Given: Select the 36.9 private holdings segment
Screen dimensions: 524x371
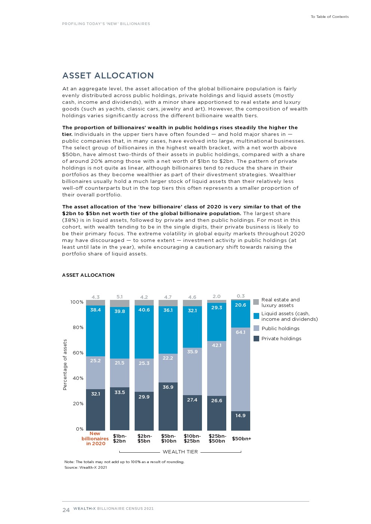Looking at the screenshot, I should (x=168, y=406).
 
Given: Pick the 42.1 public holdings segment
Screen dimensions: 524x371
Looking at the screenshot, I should (x=217, y=368).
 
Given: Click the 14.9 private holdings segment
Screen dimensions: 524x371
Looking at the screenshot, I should (x=240, y=421).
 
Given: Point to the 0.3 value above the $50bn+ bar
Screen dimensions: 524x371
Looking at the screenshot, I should (x=240, y=296).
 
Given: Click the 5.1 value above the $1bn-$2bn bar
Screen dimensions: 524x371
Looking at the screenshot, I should (x=120, y=297).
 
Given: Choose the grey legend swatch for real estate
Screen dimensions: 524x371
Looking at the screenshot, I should (x=256, y=302).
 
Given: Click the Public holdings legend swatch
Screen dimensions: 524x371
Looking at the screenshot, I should (x=256, y=328).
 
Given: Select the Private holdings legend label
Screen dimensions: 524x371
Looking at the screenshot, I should (x=281, y=339).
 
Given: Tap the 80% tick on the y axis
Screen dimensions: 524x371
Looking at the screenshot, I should (x=78, y=328).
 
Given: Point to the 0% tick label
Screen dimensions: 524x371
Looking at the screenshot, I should (x=80, y=429).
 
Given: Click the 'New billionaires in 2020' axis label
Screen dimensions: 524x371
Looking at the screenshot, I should (x=95, y=438).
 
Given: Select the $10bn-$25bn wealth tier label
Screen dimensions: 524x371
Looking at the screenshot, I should (x=192, y=438).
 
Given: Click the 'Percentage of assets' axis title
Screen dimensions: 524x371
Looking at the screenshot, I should (x=65, y=365).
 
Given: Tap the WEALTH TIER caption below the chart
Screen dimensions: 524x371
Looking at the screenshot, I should (x=180, y=452).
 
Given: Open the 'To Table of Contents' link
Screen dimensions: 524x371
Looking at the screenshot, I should (x=329, y=17).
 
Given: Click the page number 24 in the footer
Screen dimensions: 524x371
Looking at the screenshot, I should (x=66, y=510).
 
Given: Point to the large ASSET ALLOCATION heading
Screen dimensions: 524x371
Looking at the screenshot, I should (x=108, y=76).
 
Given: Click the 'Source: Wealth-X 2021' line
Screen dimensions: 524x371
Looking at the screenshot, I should (x=86, y=468).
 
